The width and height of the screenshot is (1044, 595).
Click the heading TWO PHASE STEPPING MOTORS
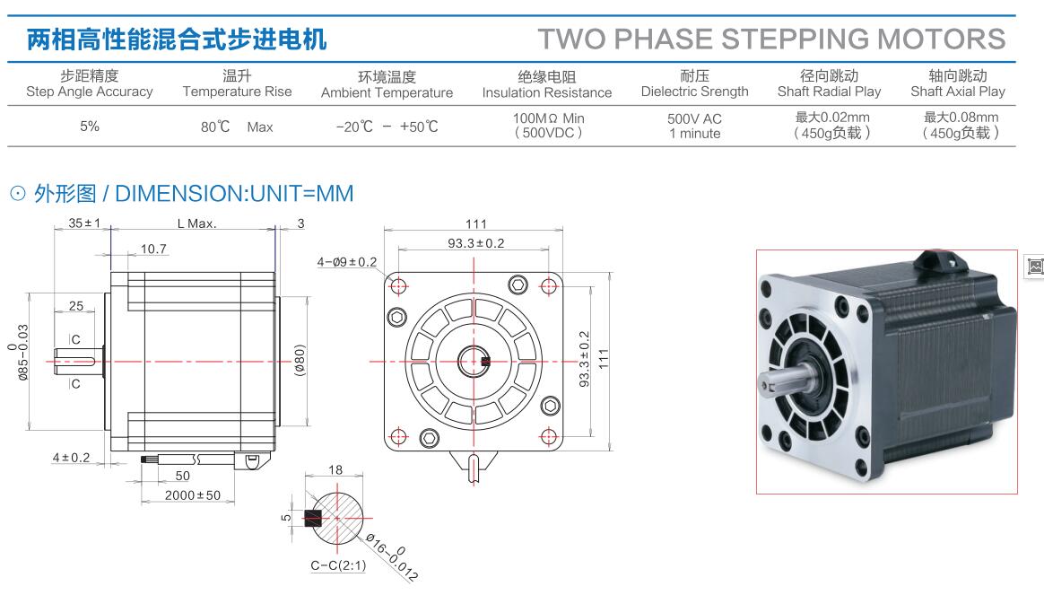click(771, 39)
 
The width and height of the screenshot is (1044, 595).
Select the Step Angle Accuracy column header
click(90, 83)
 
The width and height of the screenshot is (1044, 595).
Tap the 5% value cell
click(90, 127)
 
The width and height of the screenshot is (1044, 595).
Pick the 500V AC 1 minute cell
click(694, 126)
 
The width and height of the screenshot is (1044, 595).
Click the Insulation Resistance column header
click(546, 84)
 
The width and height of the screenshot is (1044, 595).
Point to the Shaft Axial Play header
click(958, 83)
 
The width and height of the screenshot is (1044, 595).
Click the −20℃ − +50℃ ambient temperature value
click(387, 127)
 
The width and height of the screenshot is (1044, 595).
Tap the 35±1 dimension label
click(84, 223)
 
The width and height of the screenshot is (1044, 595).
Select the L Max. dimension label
click(196, 223)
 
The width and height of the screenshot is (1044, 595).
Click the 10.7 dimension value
click(154, 249)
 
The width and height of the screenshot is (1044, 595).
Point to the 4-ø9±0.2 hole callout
click(347, 262)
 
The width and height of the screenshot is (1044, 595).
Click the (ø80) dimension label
click(300, 361)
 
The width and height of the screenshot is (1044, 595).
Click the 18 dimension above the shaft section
click(336, 469)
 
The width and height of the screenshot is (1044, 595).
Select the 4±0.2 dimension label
click(71, 458)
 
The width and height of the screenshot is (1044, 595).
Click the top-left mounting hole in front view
click(398, 285)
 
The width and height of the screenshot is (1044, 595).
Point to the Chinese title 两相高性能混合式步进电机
click(177, 39)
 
